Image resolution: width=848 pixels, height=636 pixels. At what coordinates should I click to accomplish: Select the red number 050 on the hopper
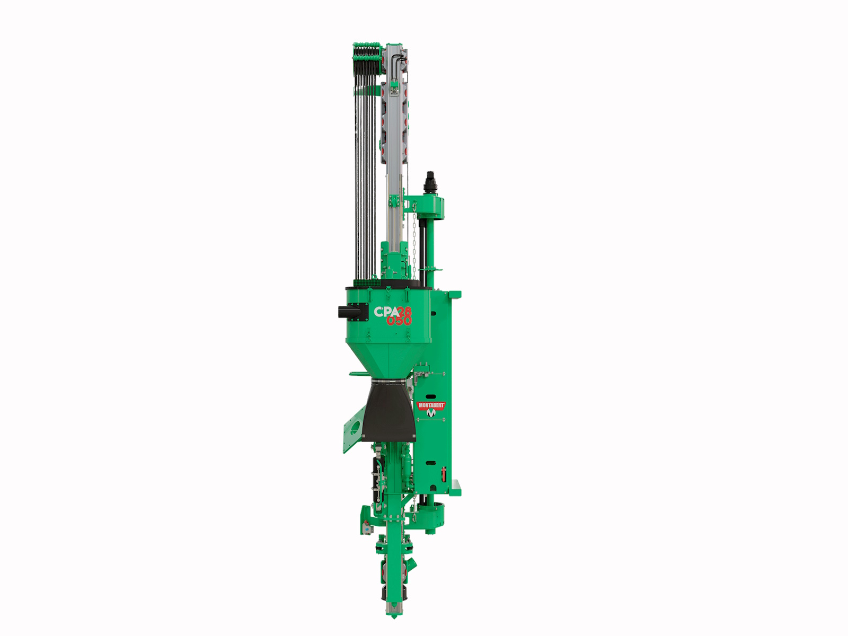pos(399,320)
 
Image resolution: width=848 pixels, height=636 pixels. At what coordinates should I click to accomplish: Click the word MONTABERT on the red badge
pos(431,405)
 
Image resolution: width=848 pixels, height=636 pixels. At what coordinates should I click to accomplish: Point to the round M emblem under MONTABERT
pos(431,413)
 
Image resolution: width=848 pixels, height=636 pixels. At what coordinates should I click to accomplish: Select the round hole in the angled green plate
pos(356,427)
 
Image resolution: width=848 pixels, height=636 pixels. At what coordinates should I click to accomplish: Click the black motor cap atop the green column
pos(430,182)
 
